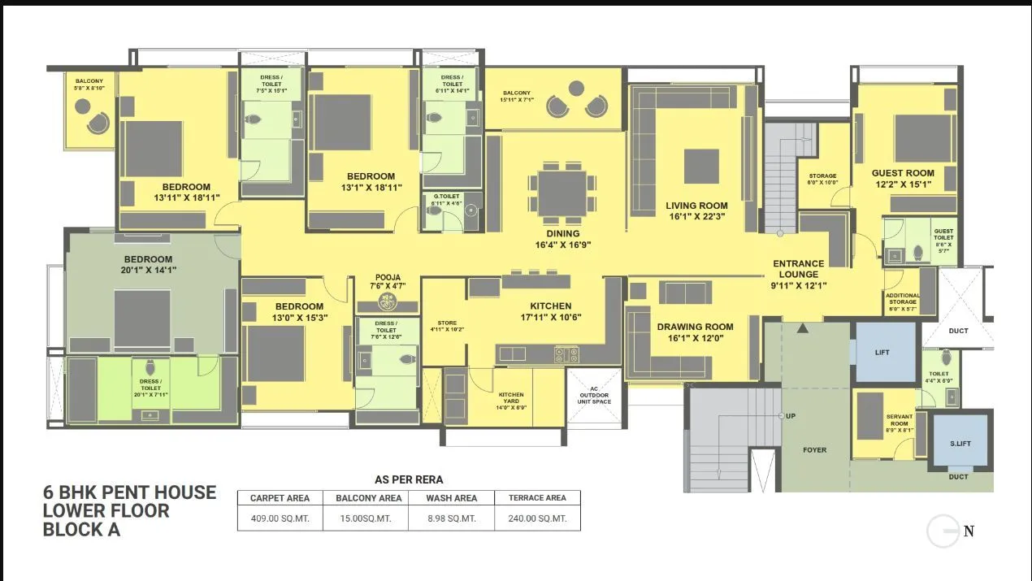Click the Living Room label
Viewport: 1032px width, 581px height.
(696, 206)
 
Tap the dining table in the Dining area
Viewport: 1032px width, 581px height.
(562, 193)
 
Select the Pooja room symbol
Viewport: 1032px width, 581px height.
(388, 302)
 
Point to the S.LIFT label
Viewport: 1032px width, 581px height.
(959, 444)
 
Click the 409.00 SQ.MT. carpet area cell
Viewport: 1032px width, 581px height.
(280, 518)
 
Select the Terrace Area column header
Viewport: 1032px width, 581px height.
(537, 498)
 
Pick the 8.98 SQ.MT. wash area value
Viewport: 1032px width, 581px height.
(451, 518)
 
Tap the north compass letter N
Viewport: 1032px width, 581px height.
(969, 532)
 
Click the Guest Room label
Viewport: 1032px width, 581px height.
(903, 173)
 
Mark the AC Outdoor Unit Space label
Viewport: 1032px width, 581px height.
(594, 397)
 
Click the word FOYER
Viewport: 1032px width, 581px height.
(814, 449)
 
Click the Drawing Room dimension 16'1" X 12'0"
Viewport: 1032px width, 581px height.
(695, 339)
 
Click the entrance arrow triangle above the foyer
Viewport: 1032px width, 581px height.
(803, 327)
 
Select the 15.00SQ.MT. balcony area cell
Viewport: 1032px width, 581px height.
(366, 518)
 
